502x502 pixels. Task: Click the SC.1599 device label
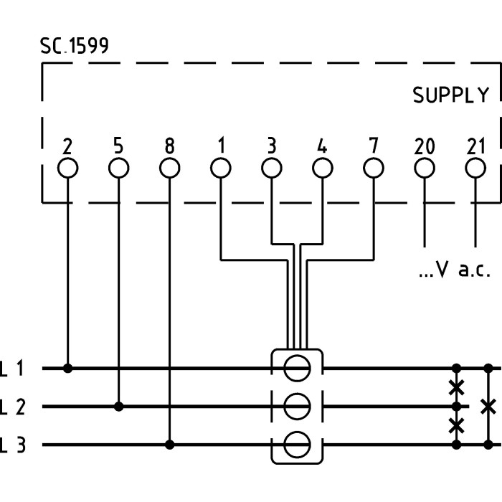(75, 47)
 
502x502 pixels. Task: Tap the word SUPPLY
(450, 95)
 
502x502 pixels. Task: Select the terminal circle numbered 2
(67, 169)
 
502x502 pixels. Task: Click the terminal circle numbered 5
(118, 169)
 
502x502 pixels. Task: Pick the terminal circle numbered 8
(169, 169)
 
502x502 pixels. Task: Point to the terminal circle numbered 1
(220, 169)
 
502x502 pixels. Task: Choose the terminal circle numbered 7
(373, 169)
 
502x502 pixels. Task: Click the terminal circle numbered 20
(425, 169)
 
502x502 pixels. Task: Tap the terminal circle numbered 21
(475, 169)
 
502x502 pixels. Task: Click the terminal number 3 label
(271, 146)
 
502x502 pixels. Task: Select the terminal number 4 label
(322, 146)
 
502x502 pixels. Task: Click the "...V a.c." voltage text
(454, 270)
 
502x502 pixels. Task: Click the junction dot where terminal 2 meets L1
(67, 368)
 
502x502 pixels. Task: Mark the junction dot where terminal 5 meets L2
(118, 407)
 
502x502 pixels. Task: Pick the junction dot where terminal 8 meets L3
(169, 445)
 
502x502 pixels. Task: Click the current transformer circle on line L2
(296, 407)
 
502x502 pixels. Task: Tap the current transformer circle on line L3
(296, 445)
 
